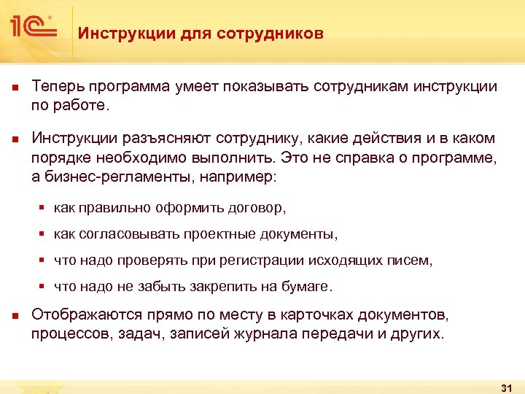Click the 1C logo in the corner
coord(34,27)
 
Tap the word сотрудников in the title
coord(276,34)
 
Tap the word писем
coord(413,260)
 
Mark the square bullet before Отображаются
coord(15,316)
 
